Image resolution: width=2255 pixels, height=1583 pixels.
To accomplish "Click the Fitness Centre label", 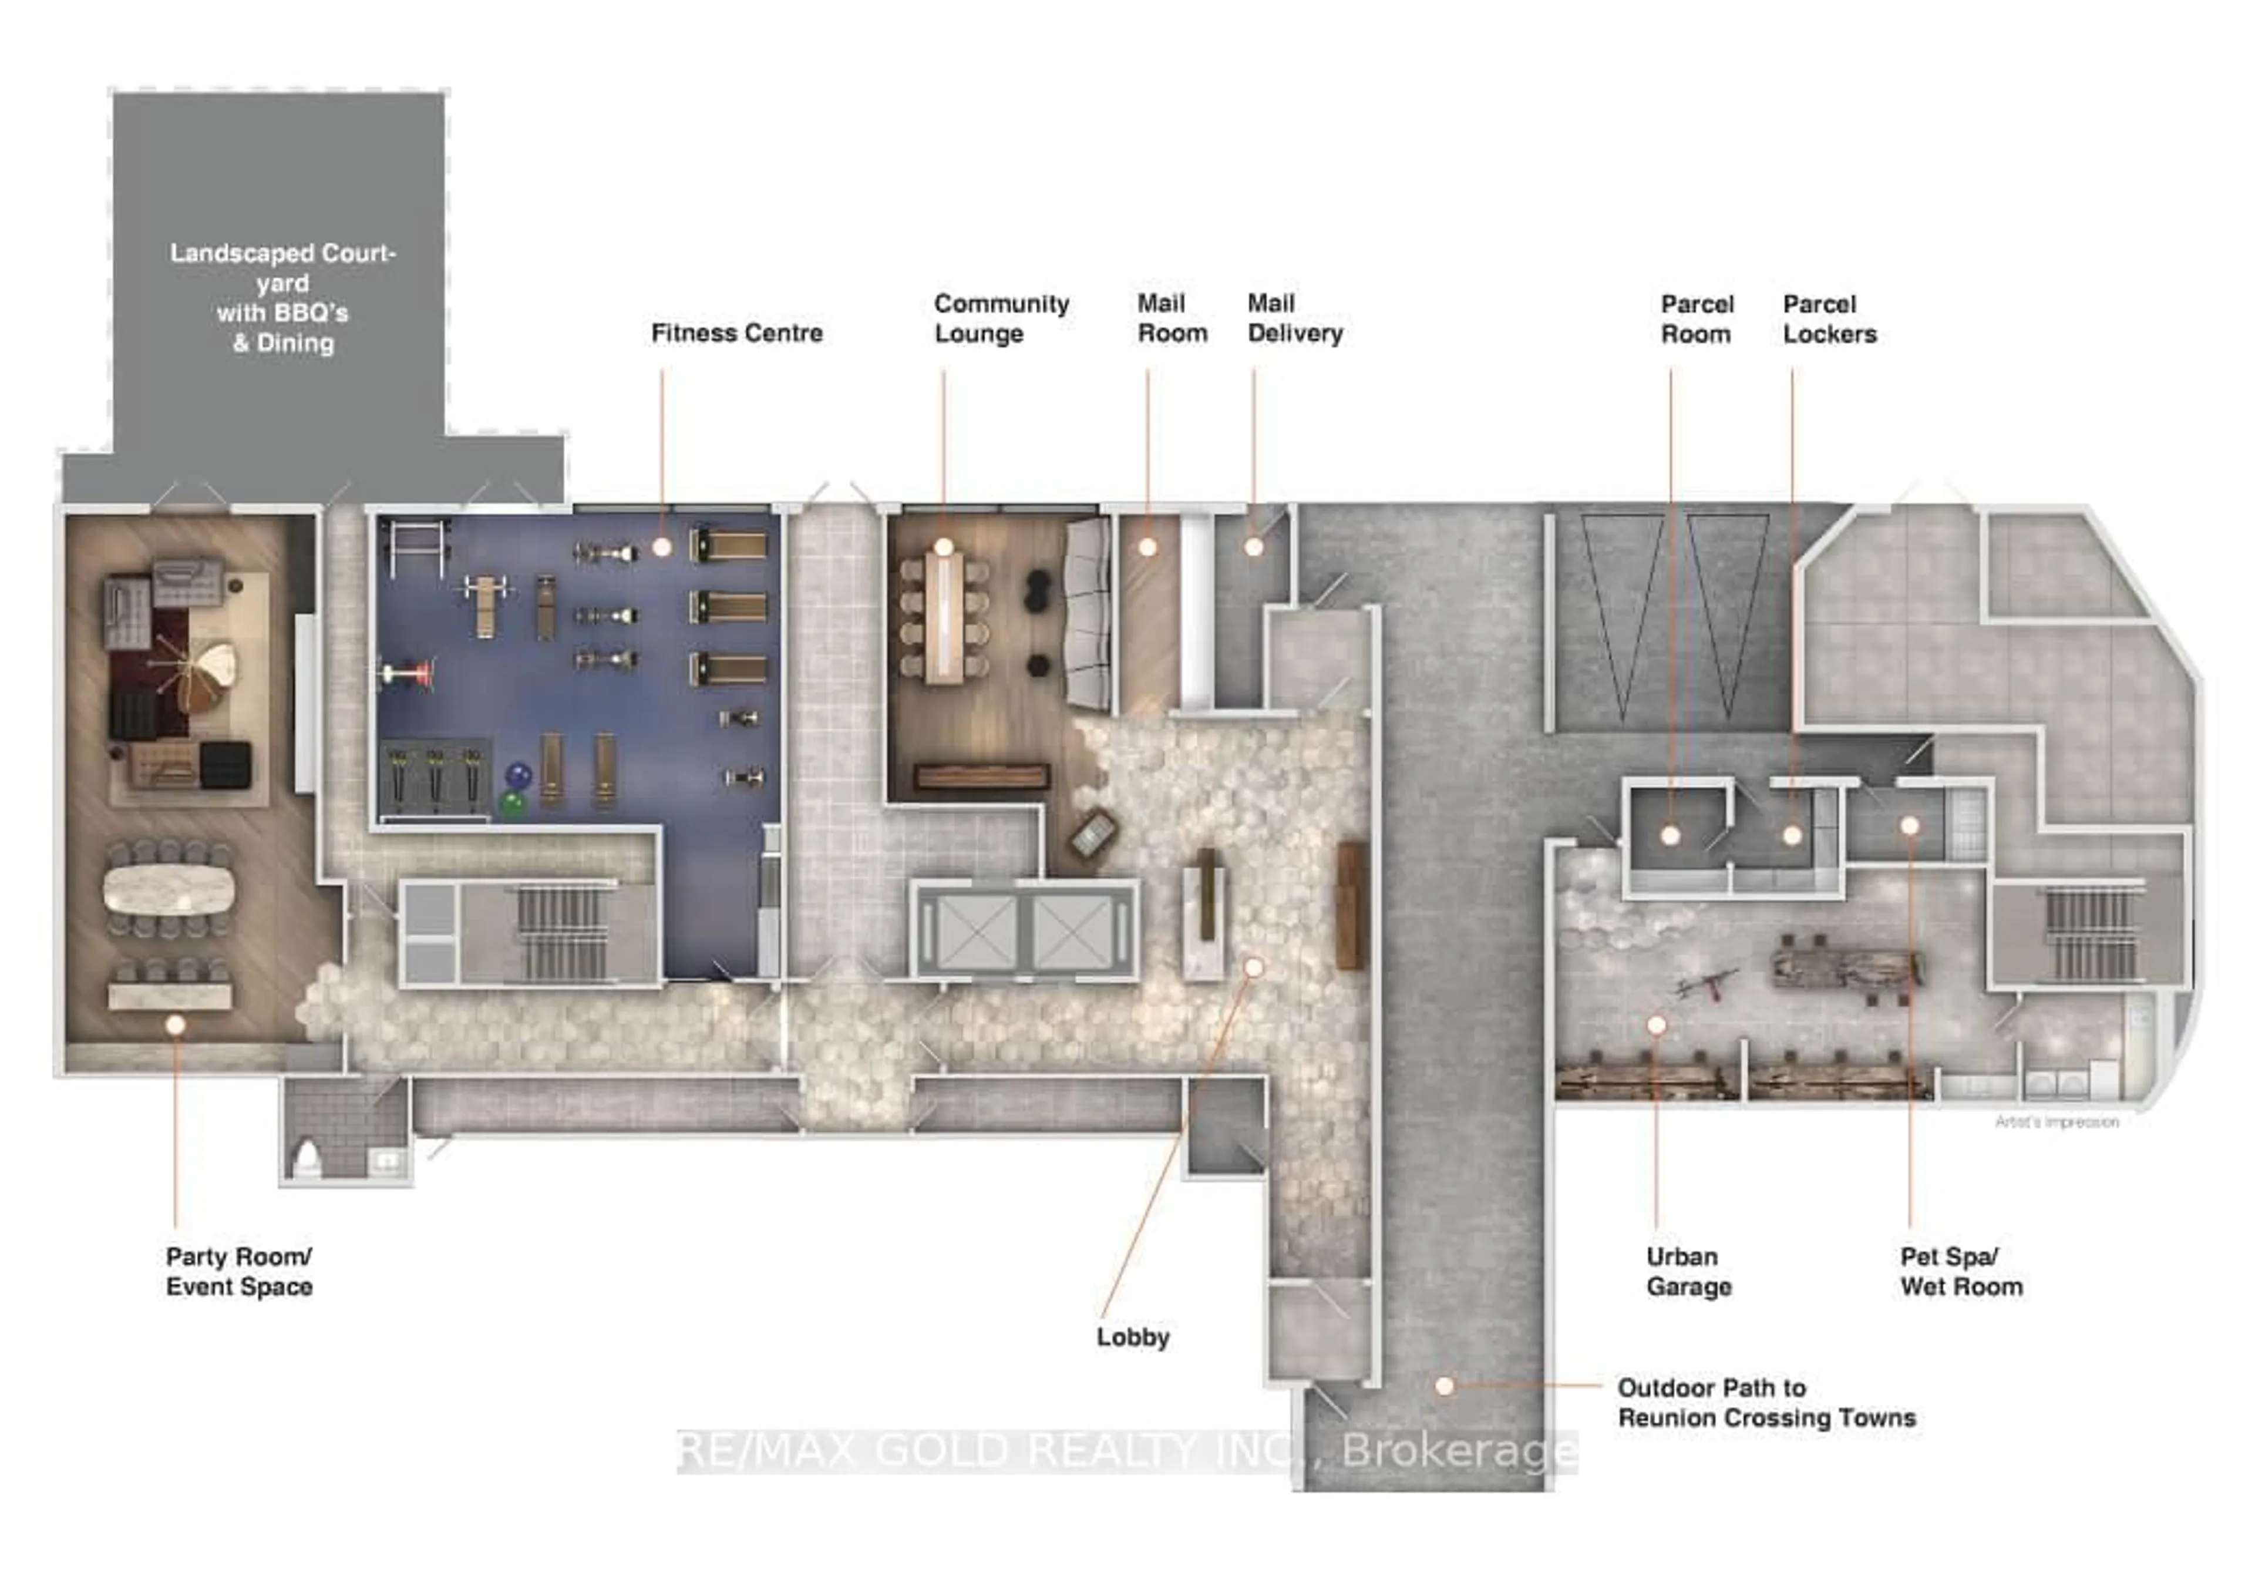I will pos(736,333).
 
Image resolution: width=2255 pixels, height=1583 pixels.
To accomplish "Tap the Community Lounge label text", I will pos(1001,318).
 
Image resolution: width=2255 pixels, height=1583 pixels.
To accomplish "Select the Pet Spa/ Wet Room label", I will pos(1960,1272).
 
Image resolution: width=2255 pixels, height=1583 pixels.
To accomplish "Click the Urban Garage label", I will pos(1688,1272).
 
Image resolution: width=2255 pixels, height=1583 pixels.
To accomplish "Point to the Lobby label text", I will pos(1132,1337).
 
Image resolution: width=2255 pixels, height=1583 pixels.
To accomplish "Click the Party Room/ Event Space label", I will pos(238,1272).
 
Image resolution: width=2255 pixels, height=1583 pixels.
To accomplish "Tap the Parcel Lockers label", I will pos(1829,320).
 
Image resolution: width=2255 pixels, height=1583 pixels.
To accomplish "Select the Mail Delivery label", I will pos(1294,318).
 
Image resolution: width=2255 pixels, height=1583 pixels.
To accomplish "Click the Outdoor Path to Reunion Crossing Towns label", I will pos(1766,1402).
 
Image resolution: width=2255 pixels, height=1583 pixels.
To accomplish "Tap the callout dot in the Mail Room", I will pos(1147,547).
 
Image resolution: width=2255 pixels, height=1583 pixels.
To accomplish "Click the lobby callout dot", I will pos(1253,968).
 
